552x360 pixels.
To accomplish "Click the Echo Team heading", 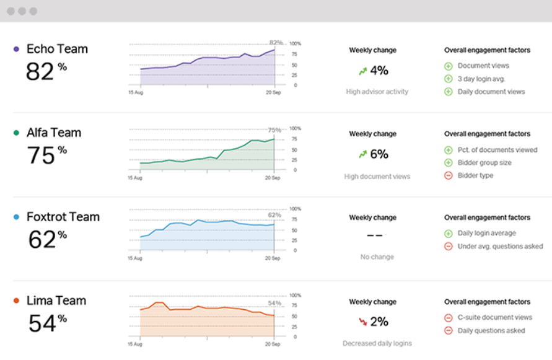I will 57,49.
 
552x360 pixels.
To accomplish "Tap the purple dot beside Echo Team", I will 15,49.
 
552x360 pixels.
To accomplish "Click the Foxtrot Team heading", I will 63,217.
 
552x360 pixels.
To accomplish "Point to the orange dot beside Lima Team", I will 15,301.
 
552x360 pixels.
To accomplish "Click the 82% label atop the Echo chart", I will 276,43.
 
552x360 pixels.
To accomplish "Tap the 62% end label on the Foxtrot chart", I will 274,215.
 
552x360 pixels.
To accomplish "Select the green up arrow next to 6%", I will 363,154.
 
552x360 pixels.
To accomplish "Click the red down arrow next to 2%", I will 363,322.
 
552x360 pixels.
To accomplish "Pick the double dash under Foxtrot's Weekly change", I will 375,236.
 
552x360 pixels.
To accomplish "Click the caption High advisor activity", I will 377,92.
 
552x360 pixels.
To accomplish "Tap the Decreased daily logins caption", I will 377,343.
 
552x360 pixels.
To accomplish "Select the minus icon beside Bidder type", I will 449,175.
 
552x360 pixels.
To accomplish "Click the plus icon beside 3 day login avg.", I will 449,79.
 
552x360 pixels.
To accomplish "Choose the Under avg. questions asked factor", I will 500,247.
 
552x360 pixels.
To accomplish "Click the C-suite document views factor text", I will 494,318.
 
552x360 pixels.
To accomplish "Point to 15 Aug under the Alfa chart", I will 135,178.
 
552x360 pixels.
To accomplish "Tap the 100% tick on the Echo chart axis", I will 296,44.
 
